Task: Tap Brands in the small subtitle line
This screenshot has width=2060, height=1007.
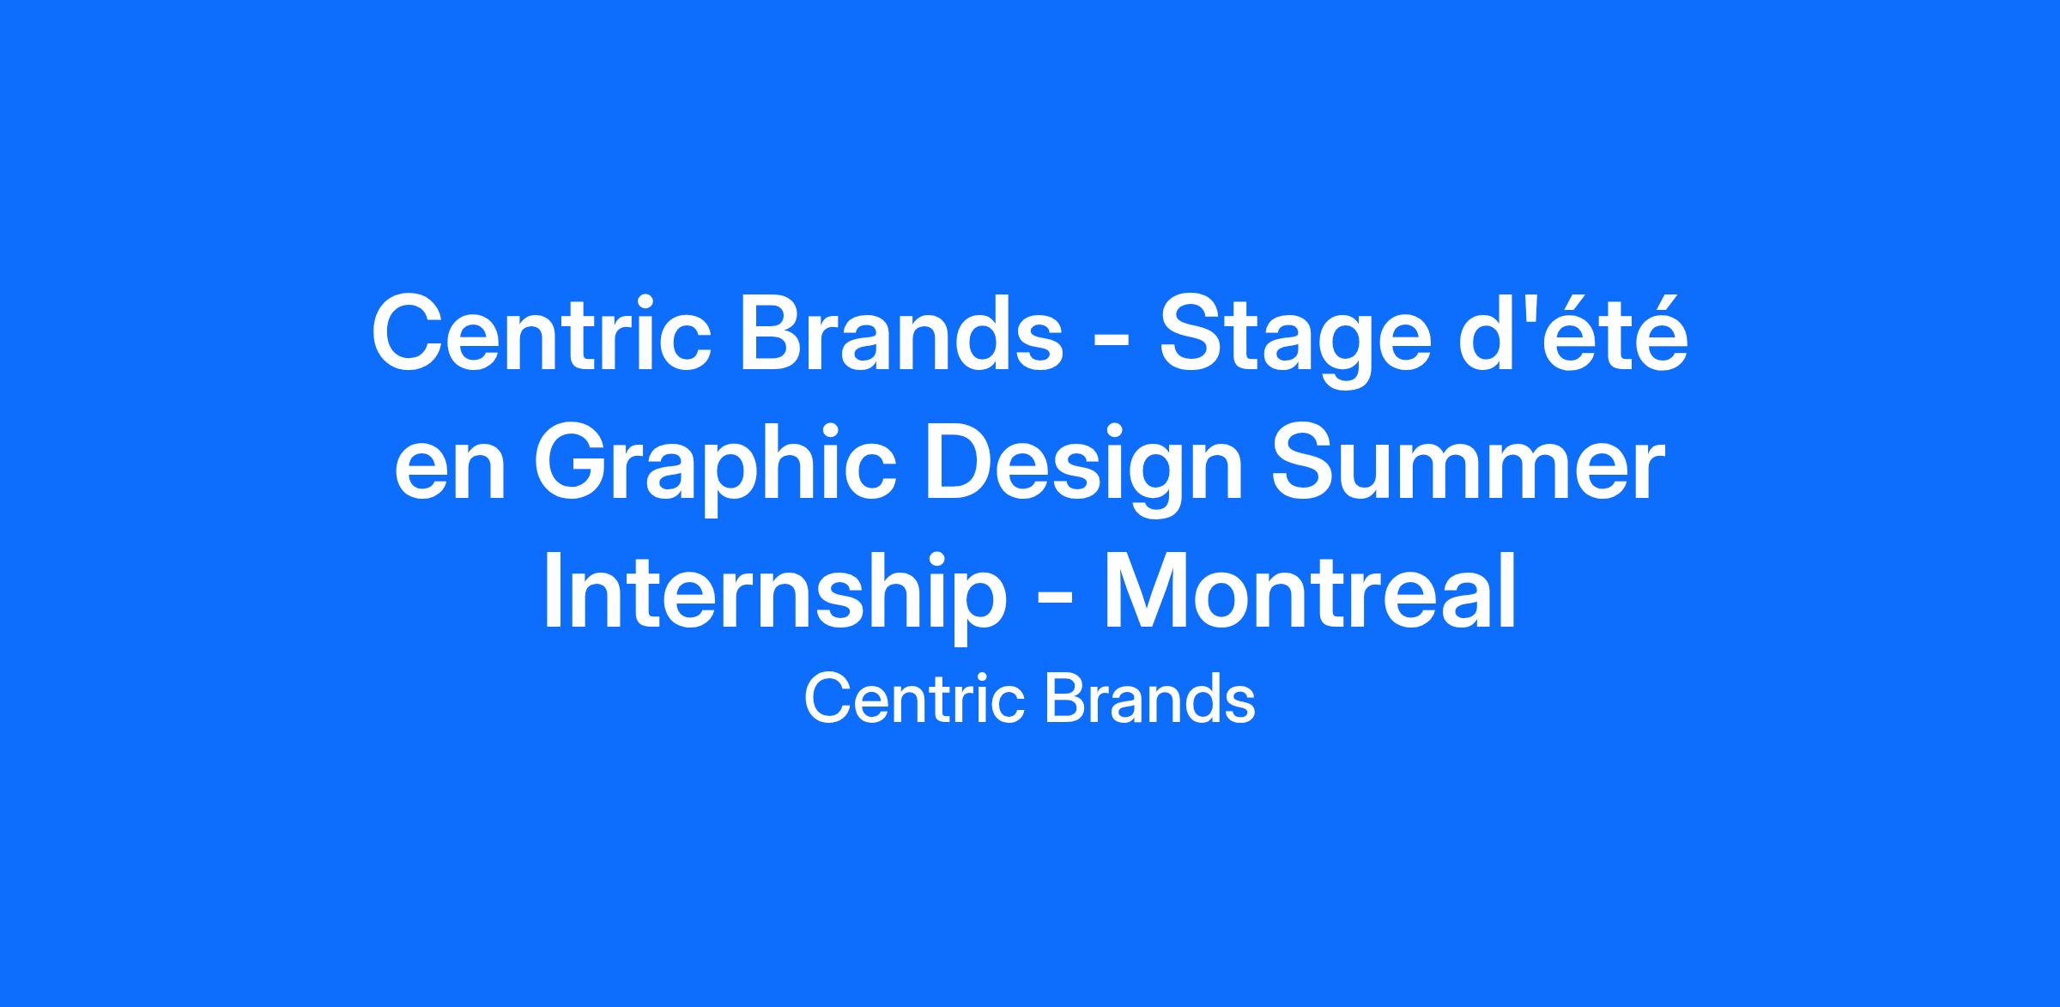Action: [x=1150, y=699]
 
